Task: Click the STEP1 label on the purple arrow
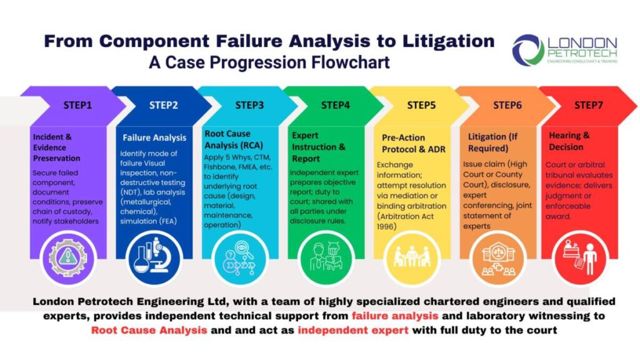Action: [x=77, y=105]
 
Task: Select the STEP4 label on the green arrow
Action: [x=336, y=105]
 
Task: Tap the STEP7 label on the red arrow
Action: [x=589, y=105]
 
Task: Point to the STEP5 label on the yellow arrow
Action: [x=421, y=105]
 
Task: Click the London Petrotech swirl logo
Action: [x=528, y=50]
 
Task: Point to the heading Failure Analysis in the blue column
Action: [x=154, y=138]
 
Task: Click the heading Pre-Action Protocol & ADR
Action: [x=414, y=144]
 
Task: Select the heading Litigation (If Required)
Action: [x=492, y=142]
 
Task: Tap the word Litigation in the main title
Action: [x=449, y=41]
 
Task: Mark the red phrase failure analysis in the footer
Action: [x=395, y=316]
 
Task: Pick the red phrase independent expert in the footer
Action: [x=353, y=330]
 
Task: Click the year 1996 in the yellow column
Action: [x=386, y=227]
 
